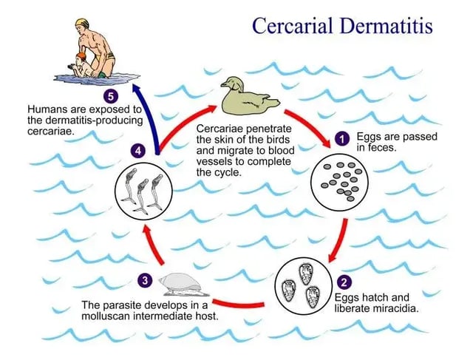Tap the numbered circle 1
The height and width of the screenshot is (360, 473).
click(342, 139)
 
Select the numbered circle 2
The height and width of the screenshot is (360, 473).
click(344, 282)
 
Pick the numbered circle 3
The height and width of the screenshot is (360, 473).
click(145, 280)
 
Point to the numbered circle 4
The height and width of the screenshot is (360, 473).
click(138, 150)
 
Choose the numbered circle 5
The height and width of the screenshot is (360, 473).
click(111, 97)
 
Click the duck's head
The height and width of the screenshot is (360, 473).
click(234, 84)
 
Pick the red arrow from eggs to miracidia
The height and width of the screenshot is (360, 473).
click(339, 240)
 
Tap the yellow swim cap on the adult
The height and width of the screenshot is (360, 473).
click(82, 23)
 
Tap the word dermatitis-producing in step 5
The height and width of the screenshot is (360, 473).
click(94, 120)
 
